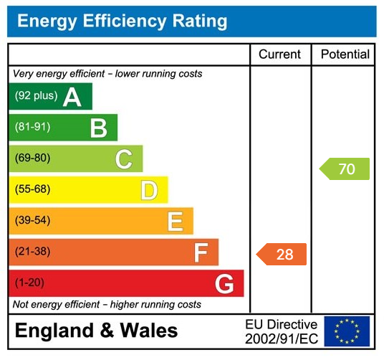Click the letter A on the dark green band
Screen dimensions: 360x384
pos(72,97)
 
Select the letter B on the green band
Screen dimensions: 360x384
pos(98,128)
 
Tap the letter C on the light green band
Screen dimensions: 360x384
pos(124,159)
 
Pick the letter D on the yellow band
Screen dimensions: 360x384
pos(149,191)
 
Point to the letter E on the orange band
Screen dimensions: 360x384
pos(175,222)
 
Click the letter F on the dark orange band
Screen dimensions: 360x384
pos(201,252)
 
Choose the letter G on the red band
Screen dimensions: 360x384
pos(224,284)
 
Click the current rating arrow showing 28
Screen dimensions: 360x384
pos(282,254)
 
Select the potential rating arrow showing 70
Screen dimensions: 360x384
pos(345,169)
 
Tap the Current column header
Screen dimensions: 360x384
pos(280,55)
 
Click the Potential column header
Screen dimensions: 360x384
pos(345,55)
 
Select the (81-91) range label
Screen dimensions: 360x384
pos(33,128)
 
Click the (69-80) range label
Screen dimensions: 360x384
pos(33,158)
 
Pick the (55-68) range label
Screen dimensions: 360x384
pos(33,190)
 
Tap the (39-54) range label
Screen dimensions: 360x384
pos(33,221)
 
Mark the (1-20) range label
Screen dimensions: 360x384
pos(30,283)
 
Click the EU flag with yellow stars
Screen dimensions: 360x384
pos(347,331)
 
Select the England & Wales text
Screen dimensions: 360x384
pos(97,331)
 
